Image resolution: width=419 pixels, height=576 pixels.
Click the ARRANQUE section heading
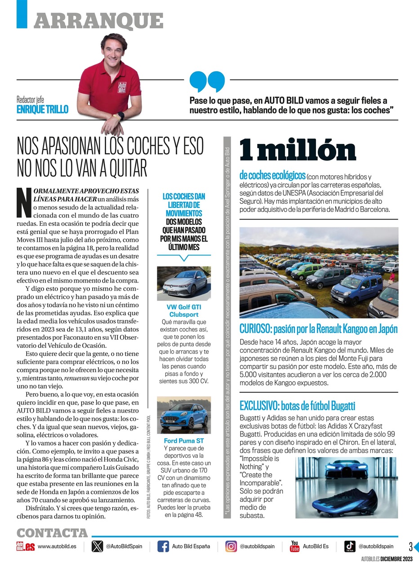(98, 20)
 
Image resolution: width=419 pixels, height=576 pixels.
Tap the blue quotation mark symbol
(207, 81)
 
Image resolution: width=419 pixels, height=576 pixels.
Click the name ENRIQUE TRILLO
(42, 109)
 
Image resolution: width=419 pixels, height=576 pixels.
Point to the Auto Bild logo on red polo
(122, 87)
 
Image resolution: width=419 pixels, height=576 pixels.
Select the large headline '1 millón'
(297, 150)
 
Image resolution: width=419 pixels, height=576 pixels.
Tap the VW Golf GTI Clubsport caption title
(183, 310)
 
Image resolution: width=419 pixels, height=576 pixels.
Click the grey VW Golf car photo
(183, 283)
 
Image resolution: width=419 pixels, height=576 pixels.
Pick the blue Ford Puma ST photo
(183, 415)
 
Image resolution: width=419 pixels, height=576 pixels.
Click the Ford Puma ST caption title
(183, 441)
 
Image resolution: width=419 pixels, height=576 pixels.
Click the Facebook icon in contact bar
(163, 546)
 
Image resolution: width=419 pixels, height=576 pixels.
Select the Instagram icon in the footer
(231, 546)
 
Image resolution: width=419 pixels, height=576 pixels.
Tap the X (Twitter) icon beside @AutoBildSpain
(97, 546)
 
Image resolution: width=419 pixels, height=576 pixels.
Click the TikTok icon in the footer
(350, 546)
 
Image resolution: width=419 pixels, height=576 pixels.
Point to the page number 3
(410, 547)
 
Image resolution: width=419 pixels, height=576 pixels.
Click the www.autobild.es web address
(57, 546)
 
